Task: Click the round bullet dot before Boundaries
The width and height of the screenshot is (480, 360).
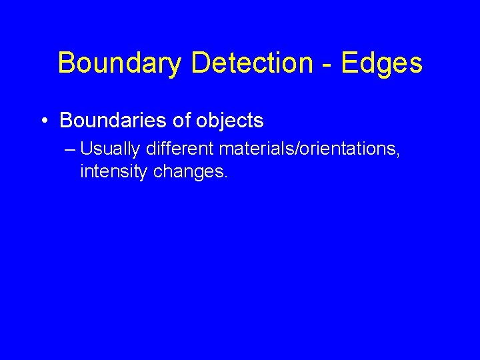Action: pyautogui.click(x=43, y=121)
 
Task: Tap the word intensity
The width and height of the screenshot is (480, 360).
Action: pyautogui.click(x=114, y=172)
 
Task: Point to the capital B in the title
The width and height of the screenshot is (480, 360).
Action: pyautogui.click(x=67, y=64)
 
